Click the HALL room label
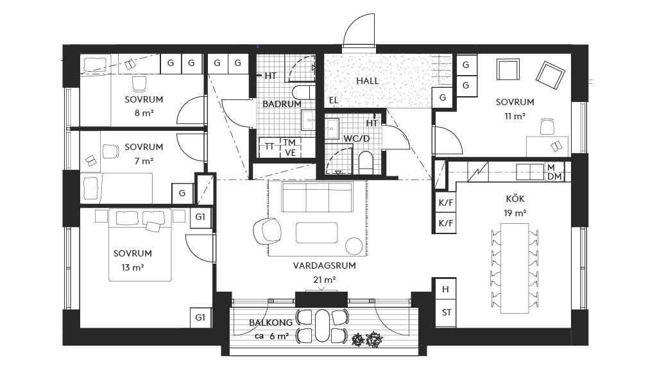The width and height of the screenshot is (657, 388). pyautogui.click(x=368, y=81)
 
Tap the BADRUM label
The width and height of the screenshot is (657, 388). pyautogui.click(x=282, y=104)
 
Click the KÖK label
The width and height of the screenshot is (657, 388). pyautogui.click(x=515, y=199)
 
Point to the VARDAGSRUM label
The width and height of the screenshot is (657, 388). pyautogui.click(x=324, y=265)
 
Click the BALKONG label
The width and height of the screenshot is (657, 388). pyautogui.click(x=271, y=323)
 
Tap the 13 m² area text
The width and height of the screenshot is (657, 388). pyautogui.click(x=133, y=267)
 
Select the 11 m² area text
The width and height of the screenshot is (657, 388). pyautogui.click(x=515, y=116)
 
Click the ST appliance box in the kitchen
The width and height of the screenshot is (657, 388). pyautogui.click(x=446, y=313)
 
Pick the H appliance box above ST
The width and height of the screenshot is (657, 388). pyautogui.click(x=446, y=289)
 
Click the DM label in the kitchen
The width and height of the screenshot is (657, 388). pyautogui.click(x=554, y=176)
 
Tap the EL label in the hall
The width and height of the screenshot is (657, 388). pyautogui.click(x=334, y=101)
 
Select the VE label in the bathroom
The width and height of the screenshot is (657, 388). pyautogui.click(x=291, y=153)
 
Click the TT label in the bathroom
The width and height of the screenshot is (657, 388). pyautogui.click(x=270, y=146)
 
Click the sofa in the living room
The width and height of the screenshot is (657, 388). pyautogui.click(x=318, y=197)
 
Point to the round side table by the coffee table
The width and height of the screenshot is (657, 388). pyautogui.click(x=354, y=246)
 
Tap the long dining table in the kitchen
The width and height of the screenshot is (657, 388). pyautogui.click(x=515, y=267)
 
